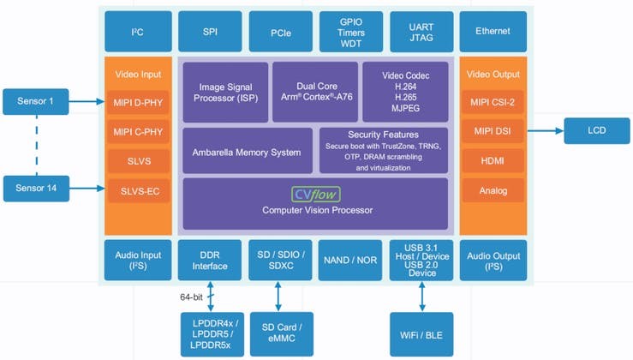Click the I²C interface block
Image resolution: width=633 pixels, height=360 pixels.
point(137,31)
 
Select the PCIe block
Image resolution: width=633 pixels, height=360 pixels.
point(280,31)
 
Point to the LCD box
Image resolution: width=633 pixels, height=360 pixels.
point(596,131)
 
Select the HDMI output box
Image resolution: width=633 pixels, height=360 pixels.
point(492,160)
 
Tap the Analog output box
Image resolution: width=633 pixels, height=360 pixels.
point(492,189)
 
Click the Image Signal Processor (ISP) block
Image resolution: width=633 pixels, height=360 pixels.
point(224,92)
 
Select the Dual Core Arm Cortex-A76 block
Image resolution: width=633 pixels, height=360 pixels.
point(314,92)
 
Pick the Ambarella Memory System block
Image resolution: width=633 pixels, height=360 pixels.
point(246,152)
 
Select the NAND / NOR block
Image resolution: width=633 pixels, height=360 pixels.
point(349,260)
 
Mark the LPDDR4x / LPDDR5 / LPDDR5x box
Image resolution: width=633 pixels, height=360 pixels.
point(210,334)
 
